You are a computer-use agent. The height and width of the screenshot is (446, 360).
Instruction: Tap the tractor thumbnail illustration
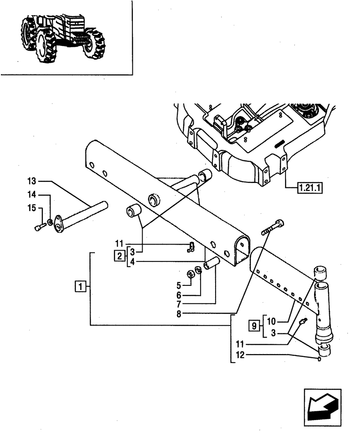click(x=62, y=38)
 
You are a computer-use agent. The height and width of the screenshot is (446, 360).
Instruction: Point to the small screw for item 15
click(x=38, y=228)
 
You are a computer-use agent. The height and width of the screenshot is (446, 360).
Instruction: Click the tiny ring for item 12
click(x=319, y=359)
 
